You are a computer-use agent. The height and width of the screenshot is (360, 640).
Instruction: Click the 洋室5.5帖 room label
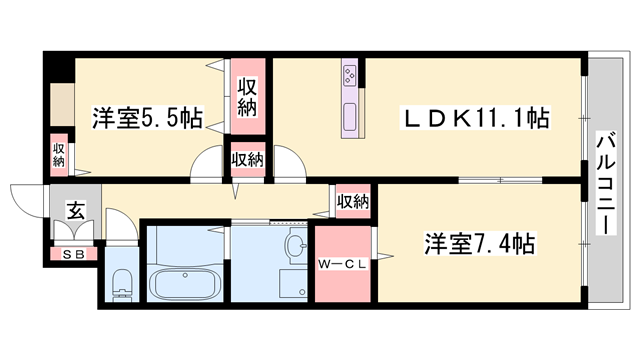(x=147, y=116)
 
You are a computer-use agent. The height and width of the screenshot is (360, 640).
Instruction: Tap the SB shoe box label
(x=74, y=254)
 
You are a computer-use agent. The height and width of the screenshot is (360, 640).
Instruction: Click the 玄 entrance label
(x=74, y=212)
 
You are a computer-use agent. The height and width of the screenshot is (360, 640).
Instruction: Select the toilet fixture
(x=121, y=284)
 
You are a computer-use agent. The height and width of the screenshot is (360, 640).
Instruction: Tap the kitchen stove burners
(x=351, y=75)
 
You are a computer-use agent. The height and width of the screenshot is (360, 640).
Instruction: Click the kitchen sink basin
(x=351, y=116)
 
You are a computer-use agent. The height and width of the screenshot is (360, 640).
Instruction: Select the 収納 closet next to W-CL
(x=352, y=201)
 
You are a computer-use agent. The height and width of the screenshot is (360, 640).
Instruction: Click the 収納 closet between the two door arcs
(x=247, y=159)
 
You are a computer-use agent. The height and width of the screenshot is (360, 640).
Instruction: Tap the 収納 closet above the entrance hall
(x=59, y=155)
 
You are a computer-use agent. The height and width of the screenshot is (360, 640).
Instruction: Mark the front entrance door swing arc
(x=25, y=201)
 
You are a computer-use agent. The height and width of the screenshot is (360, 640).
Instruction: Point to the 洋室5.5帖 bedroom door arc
(x=207, y=163)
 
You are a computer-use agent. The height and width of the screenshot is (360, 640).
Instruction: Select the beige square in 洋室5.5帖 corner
(x=59, y=105)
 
